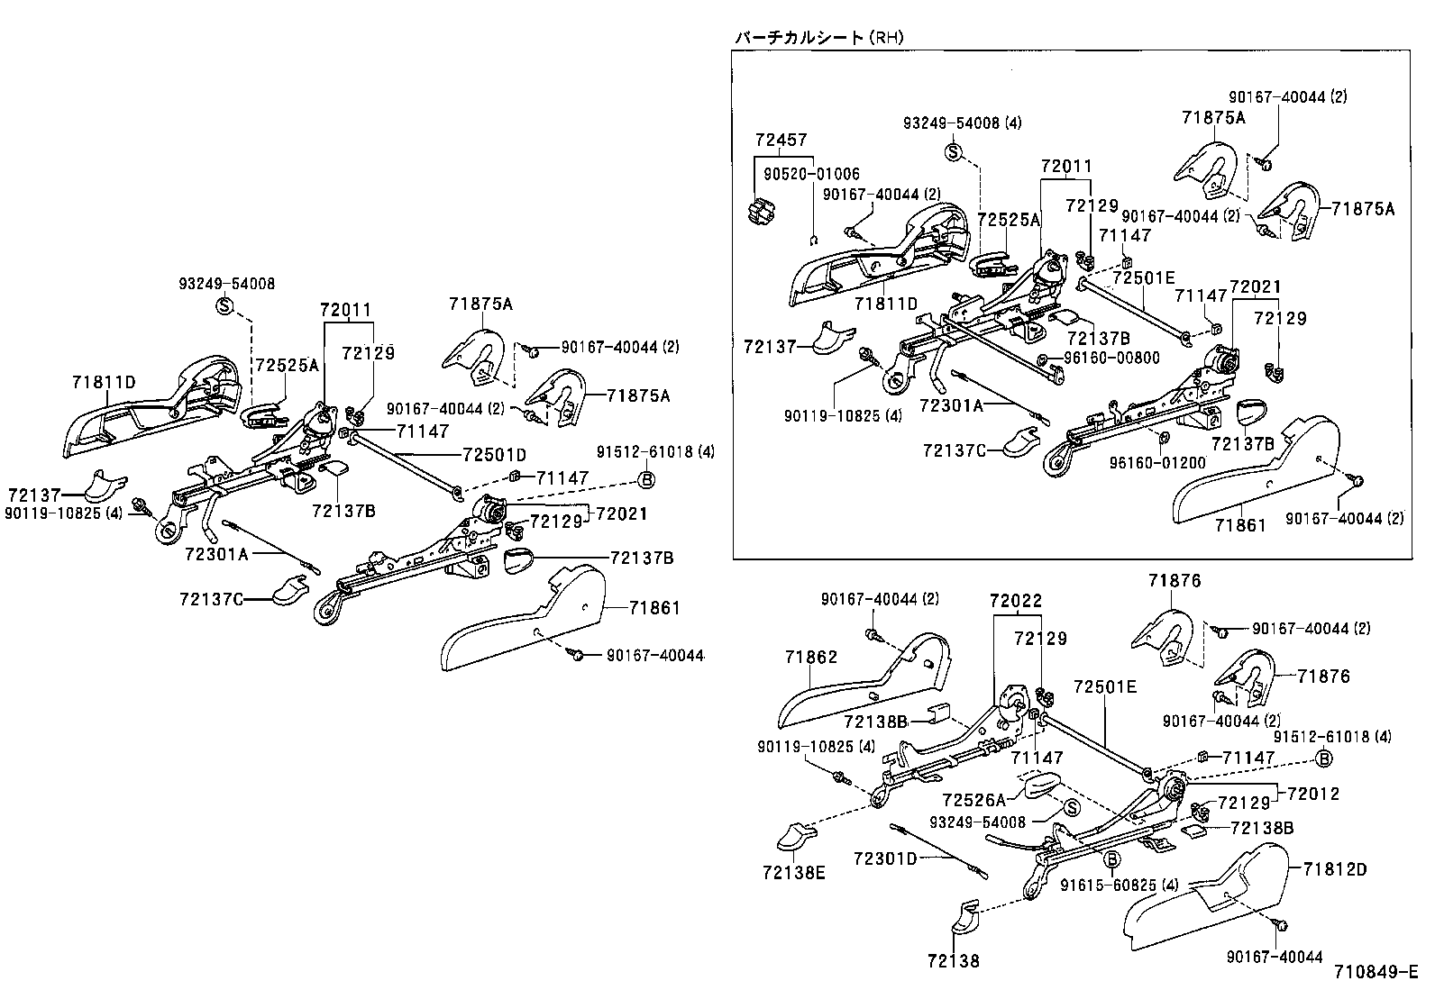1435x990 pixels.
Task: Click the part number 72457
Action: point(781,140)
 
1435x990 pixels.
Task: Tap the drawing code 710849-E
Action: point(1376,971)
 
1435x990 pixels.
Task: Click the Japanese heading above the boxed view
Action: point(818,37)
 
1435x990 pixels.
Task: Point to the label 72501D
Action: point(494,454)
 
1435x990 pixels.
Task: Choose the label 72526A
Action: point(973,799)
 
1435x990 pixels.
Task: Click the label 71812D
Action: point(1334,869)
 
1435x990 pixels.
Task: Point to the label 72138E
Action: point(793,871)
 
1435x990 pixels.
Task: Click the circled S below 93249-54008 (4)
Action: point(954,151)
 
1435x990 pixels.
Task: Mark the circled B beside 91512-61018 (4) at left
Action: point(646,480)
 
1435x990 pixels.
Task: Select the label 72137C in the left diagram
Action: point(211,599)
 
